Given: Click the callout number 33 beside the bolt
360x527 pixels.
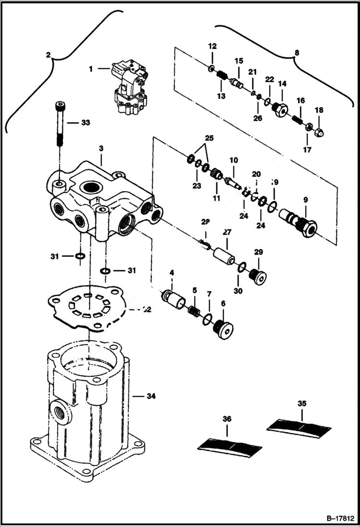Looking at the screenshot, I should point(85,123).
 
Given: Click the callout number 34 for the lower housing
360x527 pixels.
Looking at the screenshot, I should point(151,396).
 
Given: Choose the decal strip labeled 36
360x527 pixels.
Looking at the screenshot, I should point(230,447).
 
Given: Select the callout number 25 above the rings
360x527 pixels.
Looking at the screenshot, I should point(209,138).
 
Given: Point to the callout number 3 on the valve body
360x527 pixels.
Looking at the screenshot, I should point(101,149).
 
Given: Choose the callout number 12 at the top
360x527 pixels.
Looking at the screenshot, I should point(212,47).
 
